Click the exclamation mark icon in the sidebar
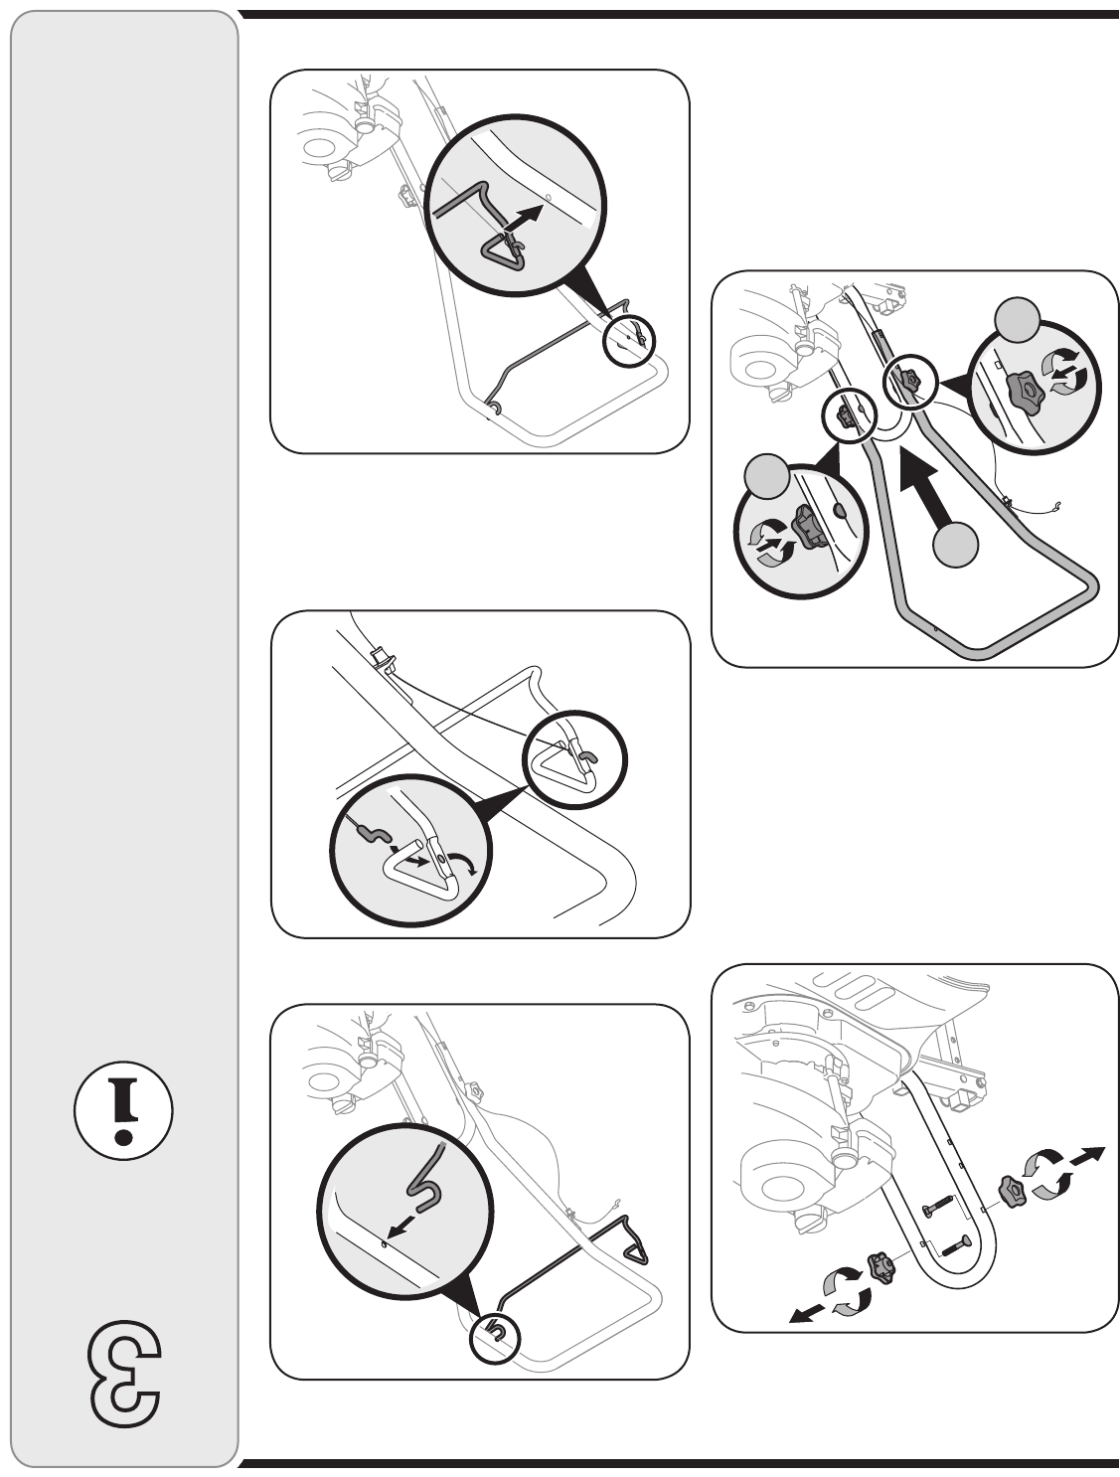(x=122, y=1110)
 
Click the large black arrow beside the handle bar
(x=927, y=492)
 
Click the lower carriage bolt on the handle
(x=953, y=1244)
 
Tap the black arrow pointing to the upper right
(x=1085, y=1155)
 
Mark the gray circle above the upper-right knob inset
(x=1017, y=319)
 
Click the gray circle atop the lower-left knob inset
(x=767, y=477)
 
